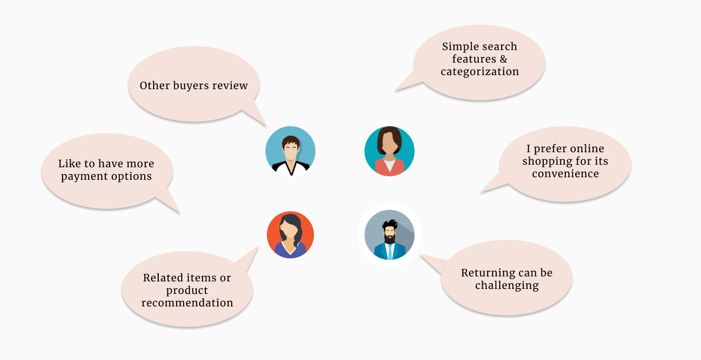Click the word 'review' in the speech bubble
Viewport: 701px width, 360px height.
tap(230, 86)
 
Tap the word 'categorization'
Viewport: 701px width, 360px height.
tap(480, 72)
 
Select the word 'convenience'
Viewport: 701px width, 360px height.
tap(565, 174)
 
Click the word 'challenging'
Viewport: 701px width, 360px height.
tap(507, 285)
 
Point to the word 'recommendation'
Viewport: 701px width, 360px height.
tap(187, 303)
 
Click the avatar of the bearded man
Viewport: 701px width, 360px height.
tap(390, 235)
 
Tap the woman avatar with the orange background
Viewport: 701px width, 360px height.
tap(290, 235)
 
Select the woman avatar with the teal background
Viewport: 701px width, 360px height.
tap(390, 151)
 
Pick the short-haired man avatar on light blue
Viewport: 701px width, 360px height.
tap(290, 151)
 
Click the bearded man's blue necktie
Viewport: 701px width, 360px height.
tap(390, 252)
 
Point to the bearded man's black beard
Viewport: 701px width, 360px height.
tap(390, 239)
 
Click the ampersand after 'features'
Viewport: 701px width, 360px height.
tap(503, 59)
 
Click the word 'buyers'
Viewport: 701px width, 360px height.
tap(191, 86)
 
